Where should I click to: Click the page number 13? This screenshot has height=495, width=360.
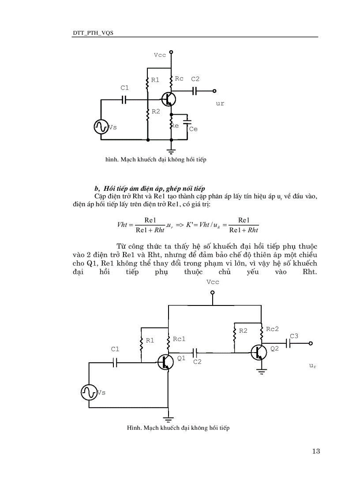click(315, 451)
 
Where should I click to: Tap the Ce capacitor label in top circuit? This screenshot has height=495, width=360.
click(193, 129)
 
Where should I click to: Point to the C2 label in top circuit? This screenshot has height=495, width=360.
click(195, 79)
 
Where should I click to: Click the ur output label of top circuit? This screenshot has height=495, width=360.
click(220, 104)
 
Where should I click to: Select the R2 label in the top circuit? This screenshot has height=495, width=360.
click(156, 112)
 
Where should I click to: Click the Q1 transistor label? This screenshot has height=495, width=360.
click(181, 358)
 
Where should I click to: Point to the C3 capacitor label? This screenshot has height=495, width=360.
click(294, 336)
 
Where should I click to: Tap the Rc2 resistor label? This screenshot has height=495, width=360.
click(272, 329)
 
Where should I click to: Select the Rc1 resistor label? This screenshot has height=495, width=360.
click(179, 339)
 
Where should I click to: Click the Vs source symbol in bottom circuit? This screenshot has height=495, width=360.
click(89, 392)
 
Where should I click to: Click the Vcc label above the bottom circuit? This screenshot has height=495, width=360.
click(213, 282)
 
